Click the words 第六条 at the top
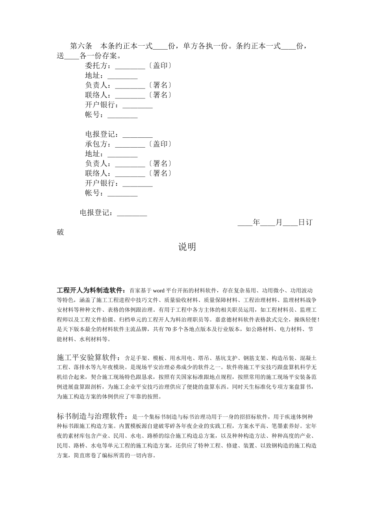point(81,46)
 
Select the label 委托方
point(96,66)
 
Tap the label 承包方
point(96,144)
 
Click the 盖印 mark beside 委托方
point(160,66)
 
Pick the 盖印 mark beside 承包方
point(160,144)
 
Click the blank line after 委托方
point(130,66)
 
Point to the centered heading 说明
point(187,247)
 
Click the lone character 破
point(60,232)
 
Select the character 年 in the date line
point(256,223)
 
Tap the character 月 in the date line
point(279,223)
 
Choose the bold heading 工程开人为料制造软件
point(91,291)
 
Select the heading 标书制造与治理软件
point(92,416)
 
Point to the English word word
point(159,291)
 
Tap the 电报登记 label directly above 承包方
point(100,134)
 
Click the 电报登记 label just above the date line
point(94,213)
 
